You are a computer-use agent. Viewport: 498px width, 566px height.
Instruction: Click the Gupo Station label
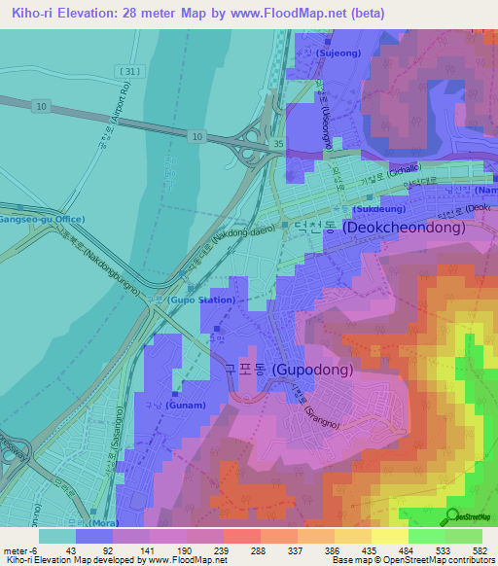(203, 300)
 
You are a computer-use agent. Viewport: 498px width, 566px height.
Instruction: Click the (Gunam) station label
(185, 405)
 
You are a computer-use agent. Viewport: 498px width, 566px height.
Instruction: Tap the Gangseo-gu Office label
(42, 220)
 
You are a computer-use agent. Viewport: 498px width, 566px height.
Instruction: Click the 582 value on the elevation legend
(481, 549)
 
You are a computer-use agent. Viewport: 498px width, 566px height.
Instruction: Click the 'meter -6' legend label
(19, 549)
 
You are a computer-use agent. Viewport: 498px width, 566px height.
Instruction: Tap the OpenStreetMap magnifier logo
(454, 516)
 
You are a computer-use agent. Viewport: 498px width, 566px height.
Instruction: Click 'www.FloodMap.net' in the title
(291, 14)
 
